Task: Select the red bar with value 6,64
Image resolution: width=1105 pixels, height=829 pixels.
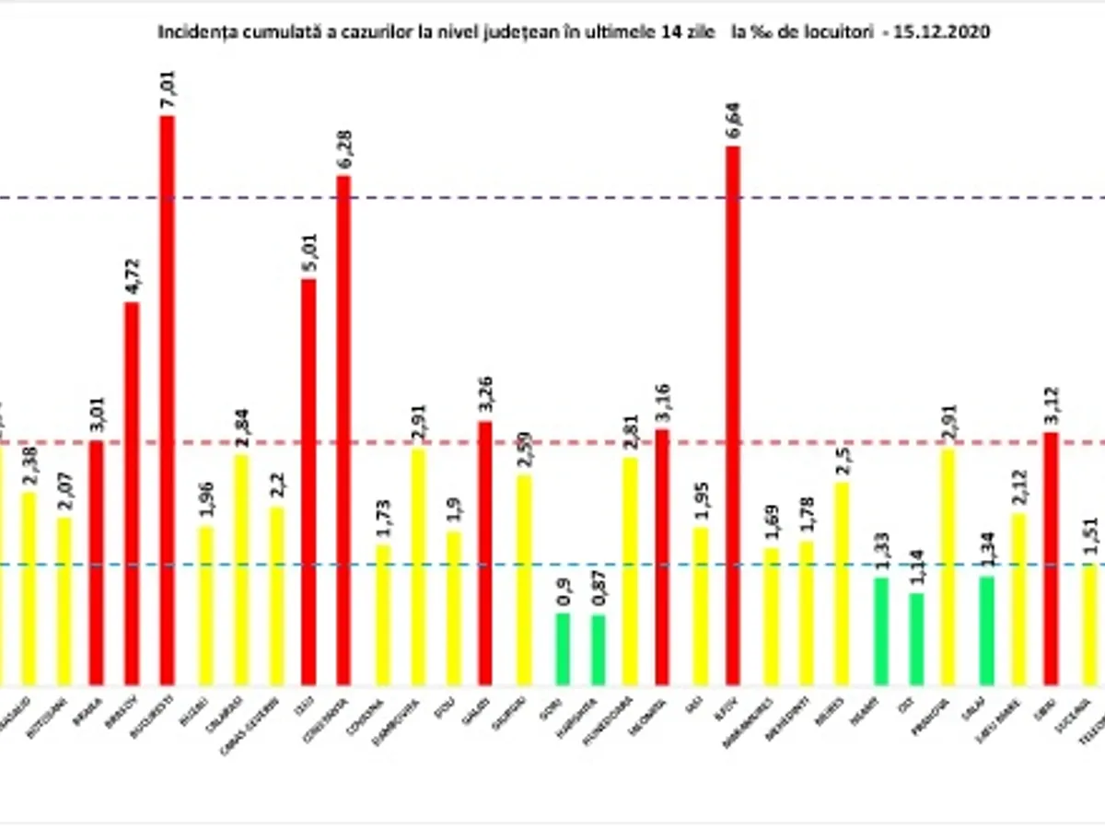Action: tap(733, 414)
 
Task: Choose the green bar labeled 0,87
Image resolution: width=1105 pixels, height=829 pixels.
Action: tap(598, 649)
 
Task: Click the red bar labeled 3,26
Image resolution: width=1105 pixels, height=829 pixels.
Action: tap(484, 553)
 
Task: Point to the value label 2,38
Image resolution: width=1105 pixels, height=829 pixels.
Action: tap(28, 467)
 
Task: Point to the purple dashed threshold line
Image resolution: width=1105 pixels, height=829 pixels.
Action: tap(552, 198)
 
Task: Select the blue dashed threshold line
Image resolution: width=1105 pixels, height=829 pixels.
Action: tap(552, 565)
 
